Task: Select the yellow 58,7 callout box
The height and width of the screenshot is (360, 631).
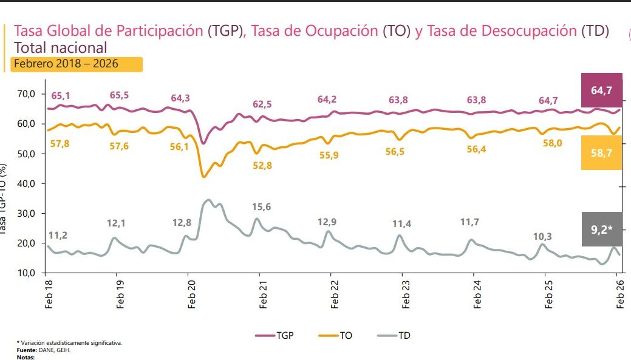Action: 601,152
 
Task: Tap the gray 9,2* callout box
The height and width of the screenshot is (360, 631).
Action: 601,229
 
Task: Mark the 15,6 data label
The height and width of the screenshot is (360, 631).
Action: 261,207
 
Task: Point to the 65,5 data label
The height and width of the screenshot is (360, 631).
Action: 119,95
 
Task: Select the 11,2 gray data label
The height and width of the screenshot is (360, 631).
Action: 58,235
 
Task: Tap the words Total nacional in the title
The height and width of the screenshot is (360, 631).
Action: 60,47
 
